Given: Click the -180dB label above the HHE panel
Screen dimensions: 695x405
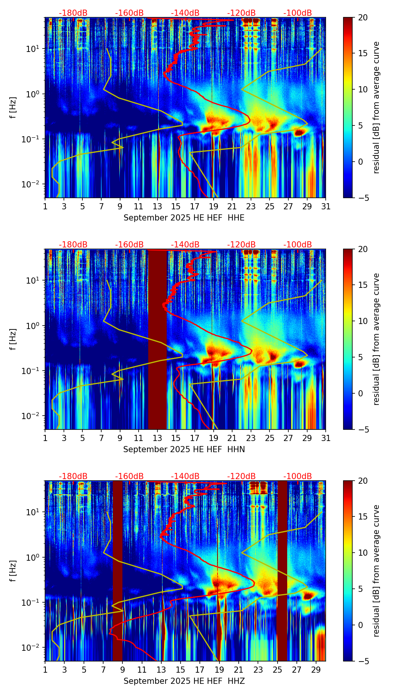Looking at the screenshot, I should coord(73,13).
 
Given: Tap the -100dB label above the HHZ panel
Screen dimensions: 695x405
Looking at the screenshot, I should coord(298,476).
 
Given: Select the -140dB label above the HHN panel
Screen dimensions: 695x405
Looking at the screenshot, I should coord(185,245).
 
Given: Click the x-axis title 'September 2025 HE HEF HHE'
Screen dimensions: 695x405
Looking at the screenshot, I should coord(184,218).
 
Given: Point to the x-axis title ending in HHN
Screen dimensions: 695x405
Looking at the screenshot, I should coord(184,449).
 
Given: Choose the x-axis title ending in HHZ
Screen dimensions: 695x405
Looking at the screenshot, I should coord(184,681).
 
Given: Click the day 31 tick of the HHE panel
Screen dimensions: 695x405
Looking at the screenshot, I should coord(326,207).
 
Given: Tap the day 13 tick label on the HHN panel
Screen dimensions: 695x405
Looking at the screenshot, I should coord(157,438).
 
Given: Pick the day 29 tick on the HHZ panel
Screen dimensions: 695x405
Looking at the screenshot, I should coord(316,670).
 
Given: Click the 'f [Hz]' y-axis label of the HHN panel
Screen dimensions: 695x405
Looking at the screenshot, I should coord(13,339).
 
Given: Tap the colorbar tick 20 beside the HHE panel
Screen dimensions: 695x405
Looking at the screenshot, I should coord(363,18).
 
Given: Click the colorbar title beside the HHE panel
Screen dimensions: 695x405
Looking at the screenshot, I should coord(376,107).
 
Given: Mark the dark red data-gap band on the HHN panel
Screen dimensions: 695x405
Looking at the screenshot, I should coord(157,339).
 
